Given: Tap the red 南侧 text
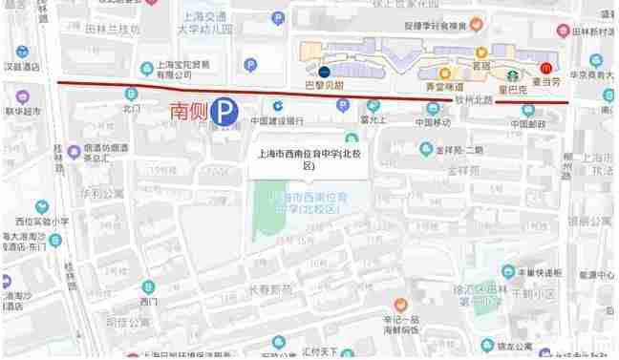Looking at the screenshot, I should (187, 111).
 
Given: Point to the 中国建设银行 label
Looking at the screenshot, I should (277, 121).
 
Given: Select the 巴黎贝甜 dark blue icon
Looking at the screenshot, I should (324, 71).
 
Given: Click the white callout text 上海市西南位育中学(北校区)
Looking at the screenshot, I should (308, 158).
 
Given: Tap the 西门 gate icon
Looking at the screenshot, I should (146, 286).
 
